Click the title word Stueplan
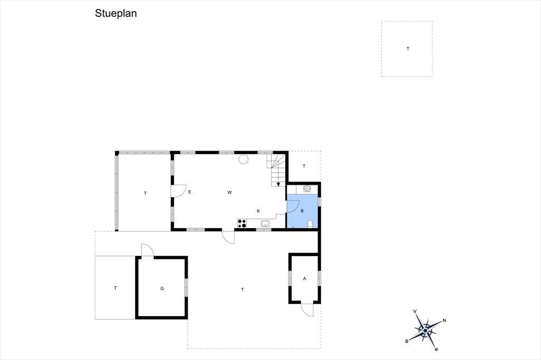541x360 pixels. click(116, 13)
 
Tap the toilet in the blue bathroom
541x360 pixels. click(310, 224)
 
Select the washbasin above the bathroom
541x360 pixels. click(306, 188)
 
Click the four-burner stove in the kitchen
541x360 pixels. click(242, 223)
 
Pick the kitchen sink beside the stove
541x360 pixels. click(265, 223)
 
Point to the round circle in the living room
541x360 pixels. click(244, 159)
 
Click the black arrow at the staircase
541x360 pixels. click(278, 184)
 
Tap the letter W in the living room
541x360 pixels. click(229, 193)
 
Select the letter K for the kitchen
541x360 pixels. click(258, 211)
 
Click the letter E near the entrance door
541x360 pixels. click(190, 192)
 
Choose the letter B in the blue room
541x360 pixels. click(302, 211)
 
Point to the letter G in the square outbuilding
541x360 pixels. click(162, 288)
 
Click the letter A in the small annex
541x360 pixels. click(304, 279)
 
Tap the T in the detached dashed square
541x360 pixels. click(408, 49)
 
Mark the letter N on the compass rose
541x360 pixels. click(444, 320)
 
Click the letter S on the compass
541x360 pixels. click(407, 342)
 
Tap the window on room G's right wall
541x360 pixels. click(186, 287)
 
